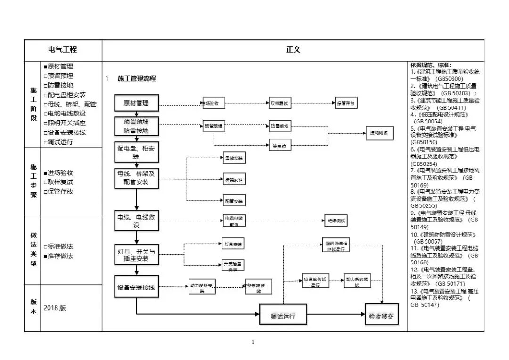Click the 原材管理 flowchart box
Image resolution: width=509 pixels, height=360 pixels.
tap(136, 103)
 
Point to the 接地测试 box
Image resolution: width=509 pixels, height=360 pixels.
tap(379, 133)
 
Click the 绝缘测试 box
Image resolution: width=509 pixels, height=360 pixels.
tap(337, 220)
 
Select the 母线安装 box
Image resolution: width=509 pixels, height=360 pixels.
tap(234, 159)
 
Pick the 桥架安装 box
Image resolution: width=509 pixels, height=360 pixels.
tap(234, 180)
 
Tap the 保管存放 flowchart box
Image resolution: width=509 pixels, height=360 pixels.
tap(346, 103)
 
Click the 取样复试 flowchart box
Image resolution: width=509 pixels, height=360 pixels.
tap(279, 103)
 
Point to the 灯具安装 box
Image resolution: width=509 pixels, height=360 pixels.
tap(233, 244)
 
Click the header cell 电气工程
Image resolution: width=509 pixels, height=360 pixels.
tap(63, 49)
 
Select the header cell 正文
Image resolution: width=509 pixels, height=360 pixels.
tap(293, 49)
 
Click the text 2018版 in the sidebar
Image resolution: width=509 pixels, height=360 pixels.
tap(55, 308)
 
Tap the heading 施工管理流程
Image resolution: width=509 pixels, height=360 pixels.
tap(137, 79)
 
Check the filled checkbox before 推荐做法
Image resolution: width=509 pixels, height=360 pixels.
tap(45, 256)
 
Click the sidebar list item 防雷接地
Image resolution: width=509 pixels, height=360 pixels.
tap(60, 85)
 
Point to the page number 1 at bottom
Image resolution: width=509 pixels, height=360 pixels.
tap(253, 342)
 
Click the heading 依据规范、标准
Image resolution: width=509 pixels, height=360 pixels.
tap(430, 65)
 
